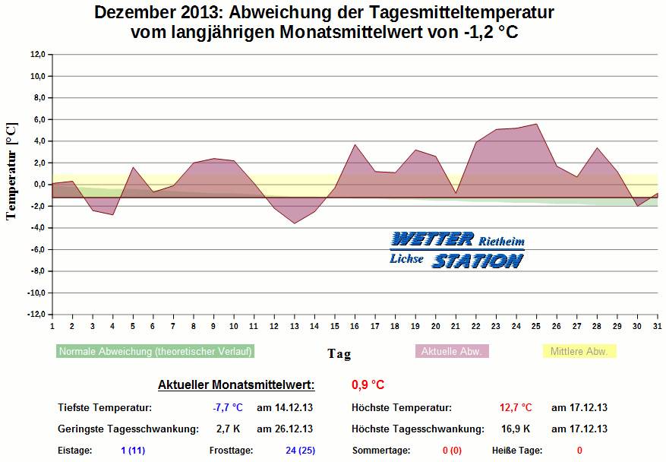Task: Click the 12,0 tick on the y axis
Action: point(37,55)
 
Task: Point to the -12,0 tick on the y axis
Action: point(36,315)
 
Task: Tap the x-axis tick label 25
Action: point(536,326)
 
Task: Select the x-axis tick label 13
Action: point(294,326)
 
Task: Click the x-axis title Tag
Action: point(339,353)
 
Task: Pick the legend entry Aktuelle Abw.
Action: point(452,351)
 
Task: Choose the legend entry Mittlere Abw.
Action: point(579,351)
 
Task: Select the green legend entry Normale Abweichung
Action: point(155,351)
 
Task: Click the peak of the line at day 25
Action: point(536,124)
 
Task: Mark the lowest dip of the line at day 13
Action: point(294,223)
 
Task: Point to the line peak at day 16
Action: point(355,144)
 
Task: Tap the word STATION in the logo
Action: point(478,261)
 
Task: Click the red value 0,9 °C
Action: point(368,384)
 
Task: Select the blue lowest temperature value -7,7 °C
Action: point(227,408)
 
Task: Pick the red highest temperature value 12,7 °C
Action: point(516,408)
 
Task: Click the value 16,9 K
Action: point(516,429)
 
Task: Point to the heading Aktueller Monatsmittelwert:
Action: point(236,384)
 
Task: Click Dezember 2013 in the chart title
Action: point(156,13)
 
